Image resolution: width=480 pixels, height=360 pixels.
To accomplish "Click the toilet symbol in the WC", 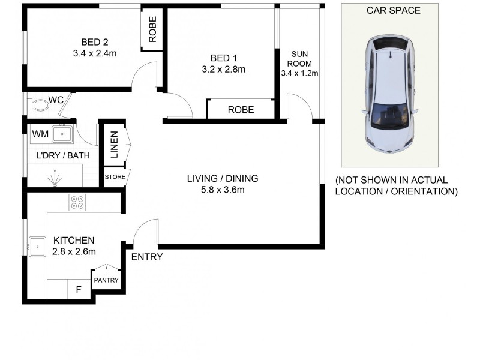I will click(40, 106).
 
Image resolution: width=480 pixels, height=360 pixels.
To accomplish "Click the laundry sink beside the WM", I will click(62, 133).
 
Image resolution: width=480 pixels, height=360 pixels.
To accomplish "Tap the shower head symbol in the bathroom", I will click(55, 178).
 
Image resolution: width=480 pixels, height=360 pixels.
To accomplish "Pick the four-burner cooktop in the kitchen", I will click(78, 202).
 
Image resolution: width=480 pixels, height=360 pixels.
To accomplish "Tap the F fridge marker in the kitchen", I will click(78, 289).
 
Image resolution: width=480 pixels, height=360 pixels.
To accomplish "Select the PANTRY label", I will click(106, 280).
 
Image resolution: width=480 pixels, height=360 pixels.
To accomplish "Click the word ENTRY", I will click(146, 257).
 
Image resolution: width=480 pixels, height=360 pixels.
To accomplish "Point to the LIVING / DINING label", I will click(222, 178).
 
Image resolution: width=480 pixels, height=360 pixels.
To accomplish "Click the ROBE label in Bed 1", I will click(240, 110).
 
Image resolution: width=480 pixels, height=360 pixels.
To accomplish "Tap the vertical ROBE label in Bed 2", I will click(152, 29).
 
